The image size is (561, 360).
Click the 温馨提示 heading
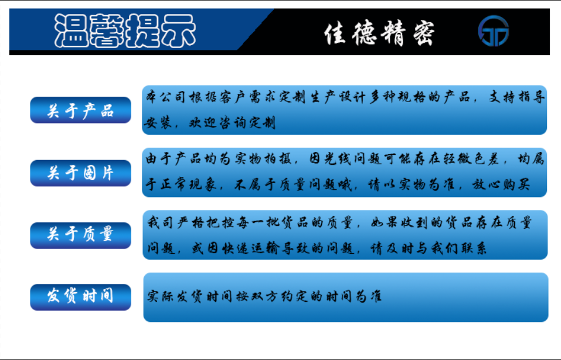pos(125,31)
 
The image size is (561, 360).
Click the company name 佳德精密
pos(379,33)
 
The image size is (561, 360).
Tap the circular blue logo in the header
pos(494,30)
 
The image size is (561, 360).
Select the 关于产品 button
pos(80,110)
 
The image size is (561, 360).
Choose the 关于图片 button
pos(80,173)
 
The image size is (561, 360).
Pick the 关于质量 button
pos(80,236)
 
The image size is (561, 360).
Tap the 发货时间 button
pos(80,297)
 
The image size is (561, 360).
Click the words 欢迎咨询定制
pos(232,123)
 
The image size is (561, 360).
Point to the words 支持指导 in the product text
pos(516,97)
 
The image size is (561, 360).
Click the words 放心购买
pos(500,185)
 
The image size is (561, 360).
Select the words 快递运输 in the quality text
pos(251,248)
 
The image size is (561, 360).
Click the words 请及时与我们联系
pos(428,248)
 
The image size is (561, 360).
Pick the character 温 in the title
pos(72,31)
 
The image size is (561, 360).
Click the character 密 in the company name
pos(424,33)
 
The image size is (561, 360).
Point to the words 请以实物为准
pos(412,185)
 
